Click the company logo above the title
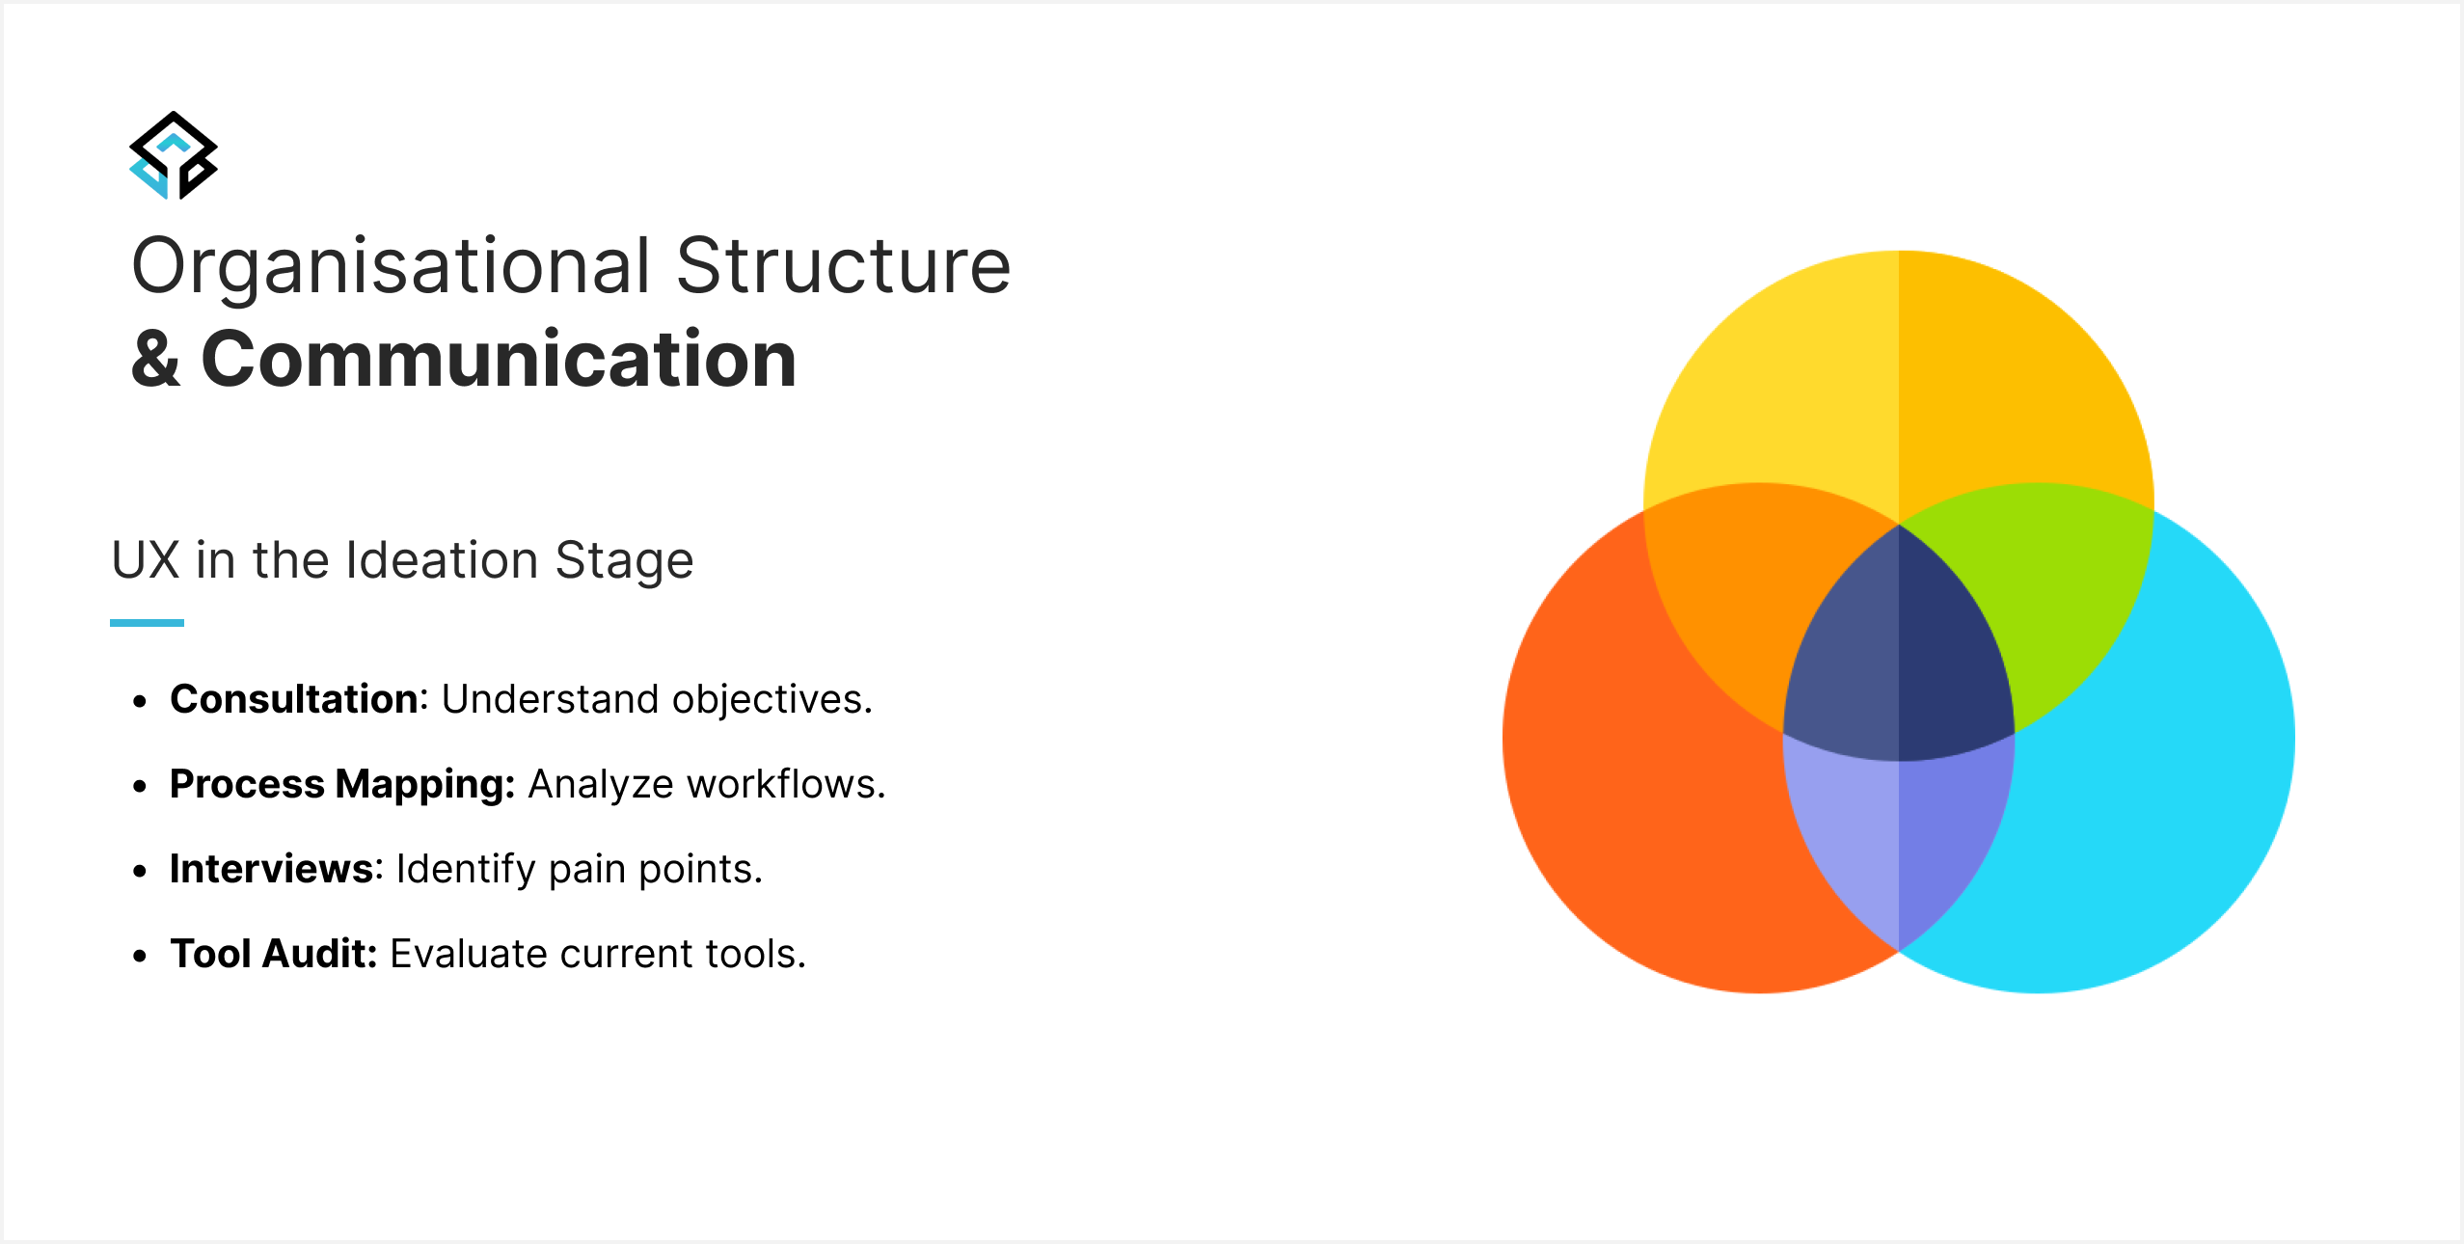click(x=174, y=155)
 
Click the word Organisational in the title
click(x=392, y=267)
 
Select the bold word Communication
click(x=500, y=359)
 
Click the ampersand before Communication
click(x=156, y=359)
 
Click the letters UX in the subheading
click(x=146, y=560)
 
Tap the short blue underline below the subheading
click(x=147, y=623)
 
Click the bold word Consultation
click(x=295, y=699)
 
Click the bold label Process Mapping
click(x=342, y=785)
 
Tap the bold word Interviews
click(x=271, y=869)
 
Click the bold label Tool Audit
click(x=273, y=954)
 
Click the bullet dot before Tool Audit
click(x=141, y=956)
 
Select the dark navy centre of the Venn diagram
click(x=1899, y=656)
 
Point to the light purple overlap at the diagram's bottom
click(x=1899, y=839)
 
